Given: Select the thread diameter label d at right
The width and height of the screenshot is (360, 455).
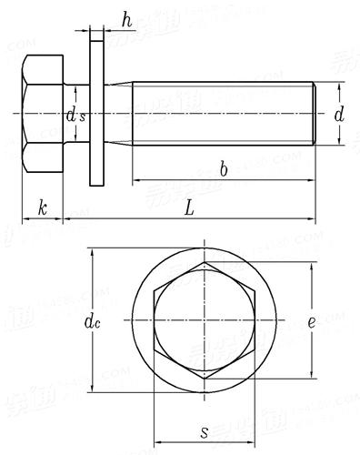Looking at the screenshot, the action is click(x=338, y=115).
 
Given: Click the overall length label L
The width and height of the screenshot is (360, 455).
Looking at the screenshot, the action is click(x=188, y=208).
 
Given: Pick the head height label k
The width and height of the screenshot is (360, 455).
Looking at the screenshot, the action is click(x=42, y=207).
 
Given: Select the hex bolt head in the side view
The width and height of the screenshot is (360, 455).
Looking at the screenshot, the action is click(x=44, y=114).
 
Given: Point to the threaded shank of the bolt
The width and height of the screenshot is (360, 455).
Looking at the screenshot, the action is click(x=223, y=114).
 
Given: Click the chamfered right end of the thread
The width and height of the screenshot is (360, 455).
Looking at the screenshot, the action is click(x=314, y=114).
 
